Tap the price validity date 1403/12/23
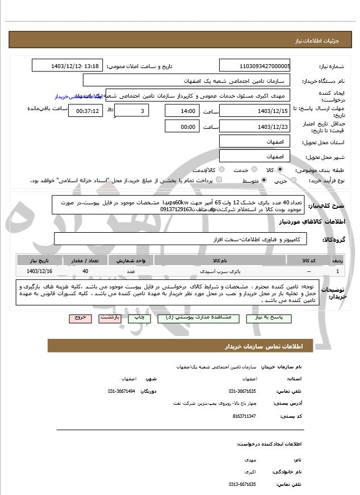pos(254,127)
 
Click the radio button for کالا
pos(280,169)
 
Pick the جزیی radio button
pos(293,181)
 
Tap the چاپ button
pos(138,318)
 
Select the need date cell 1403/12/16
pos(35,272)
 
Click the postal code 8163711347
pos(244,416)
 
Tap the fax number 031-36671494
pos(122,391)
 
